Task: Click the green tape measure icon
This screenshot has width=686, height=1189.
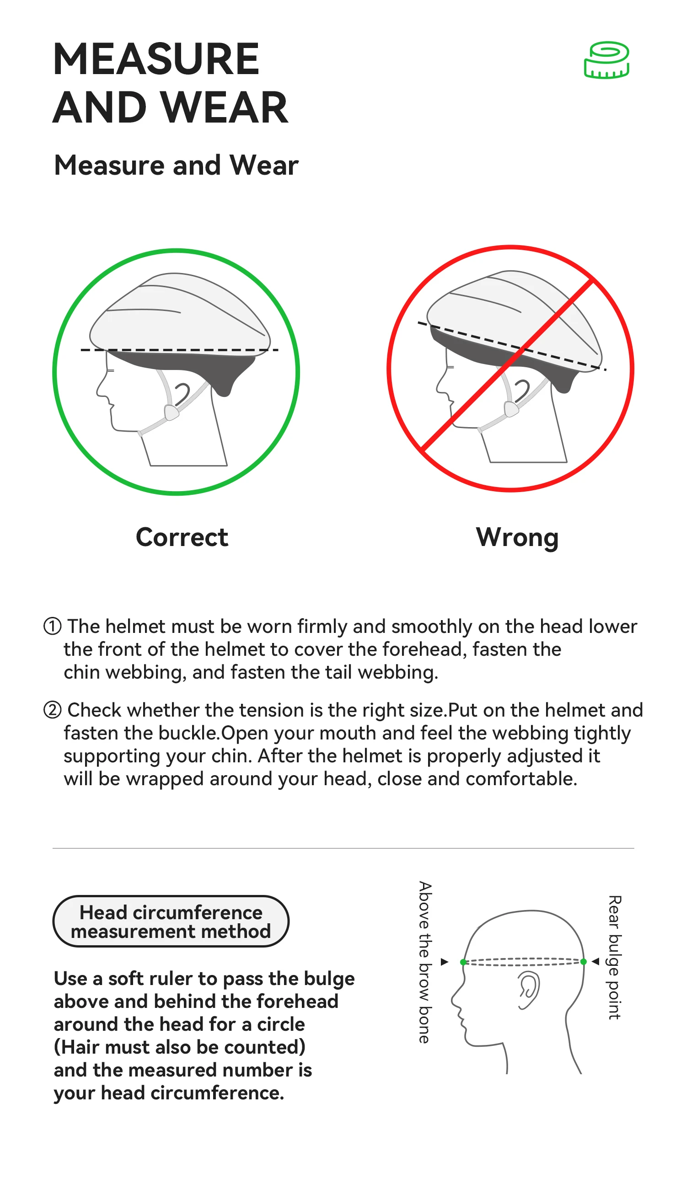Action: tap(607, 60)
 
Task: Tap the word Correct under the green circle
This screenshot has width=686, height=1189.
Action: tap(182, 537)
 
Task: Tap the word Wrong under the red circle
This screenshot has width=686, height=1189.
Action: tap(517, 538)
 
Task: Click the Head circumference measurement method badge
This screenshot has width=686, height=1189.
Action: tap(171, 921)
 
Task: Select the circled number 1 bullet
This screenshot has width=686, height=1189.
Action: tap(52, 627)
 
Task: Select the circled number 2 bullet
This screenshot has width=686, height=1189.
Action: tap(52, 710)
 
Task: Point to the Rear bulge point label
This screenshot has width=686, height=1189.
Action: tap(614, 957)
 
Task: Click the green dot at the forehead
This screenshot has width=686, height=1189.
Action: tap(463, 962)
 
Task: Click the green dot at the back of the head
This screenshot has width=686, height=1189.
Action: tap(584, 961)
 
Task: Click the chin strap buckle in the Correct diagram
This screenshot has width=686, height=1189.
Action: tap(171, 412)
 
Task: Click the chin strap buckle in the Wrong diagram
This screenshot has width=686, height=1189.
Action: tap(511, 408)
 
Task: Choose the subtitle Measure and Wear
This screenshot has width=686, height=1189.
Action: tap(176, 166)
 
